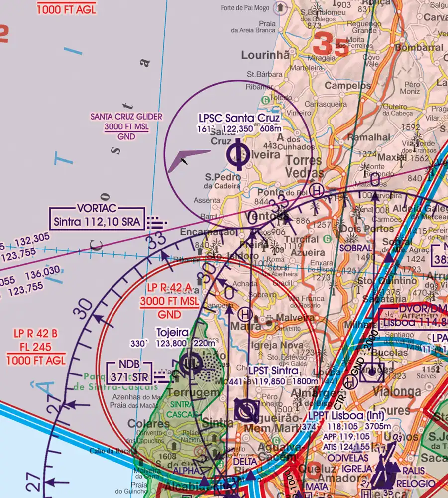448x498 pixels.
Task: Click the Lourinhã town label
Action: click(x=265, y=55)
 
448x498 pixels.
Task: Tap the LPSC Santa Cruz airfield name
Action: click(x=239, y=118)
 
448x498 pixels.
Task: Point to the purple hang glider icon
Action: click(x=187, y=160)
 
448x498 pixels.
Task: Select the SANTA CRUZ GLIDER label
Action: click(x=126, y=117)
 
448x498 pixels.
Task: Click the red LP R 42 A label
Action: click(x=168, y=288)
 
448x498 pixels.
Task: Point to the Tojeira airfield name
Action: click(x=173, y=332)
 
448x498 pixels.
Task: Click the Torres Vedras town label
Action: click(x=305, y=167)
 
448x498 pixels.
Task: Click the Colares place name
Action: click(x=142, y=424)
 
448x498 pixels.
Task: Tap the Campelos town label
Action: click(x=348, y=85)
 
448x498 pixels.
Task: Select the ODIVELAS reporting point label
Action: click(x=348, y=457)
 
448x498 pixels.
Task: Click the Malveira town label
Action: click(x=295, y=317)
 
